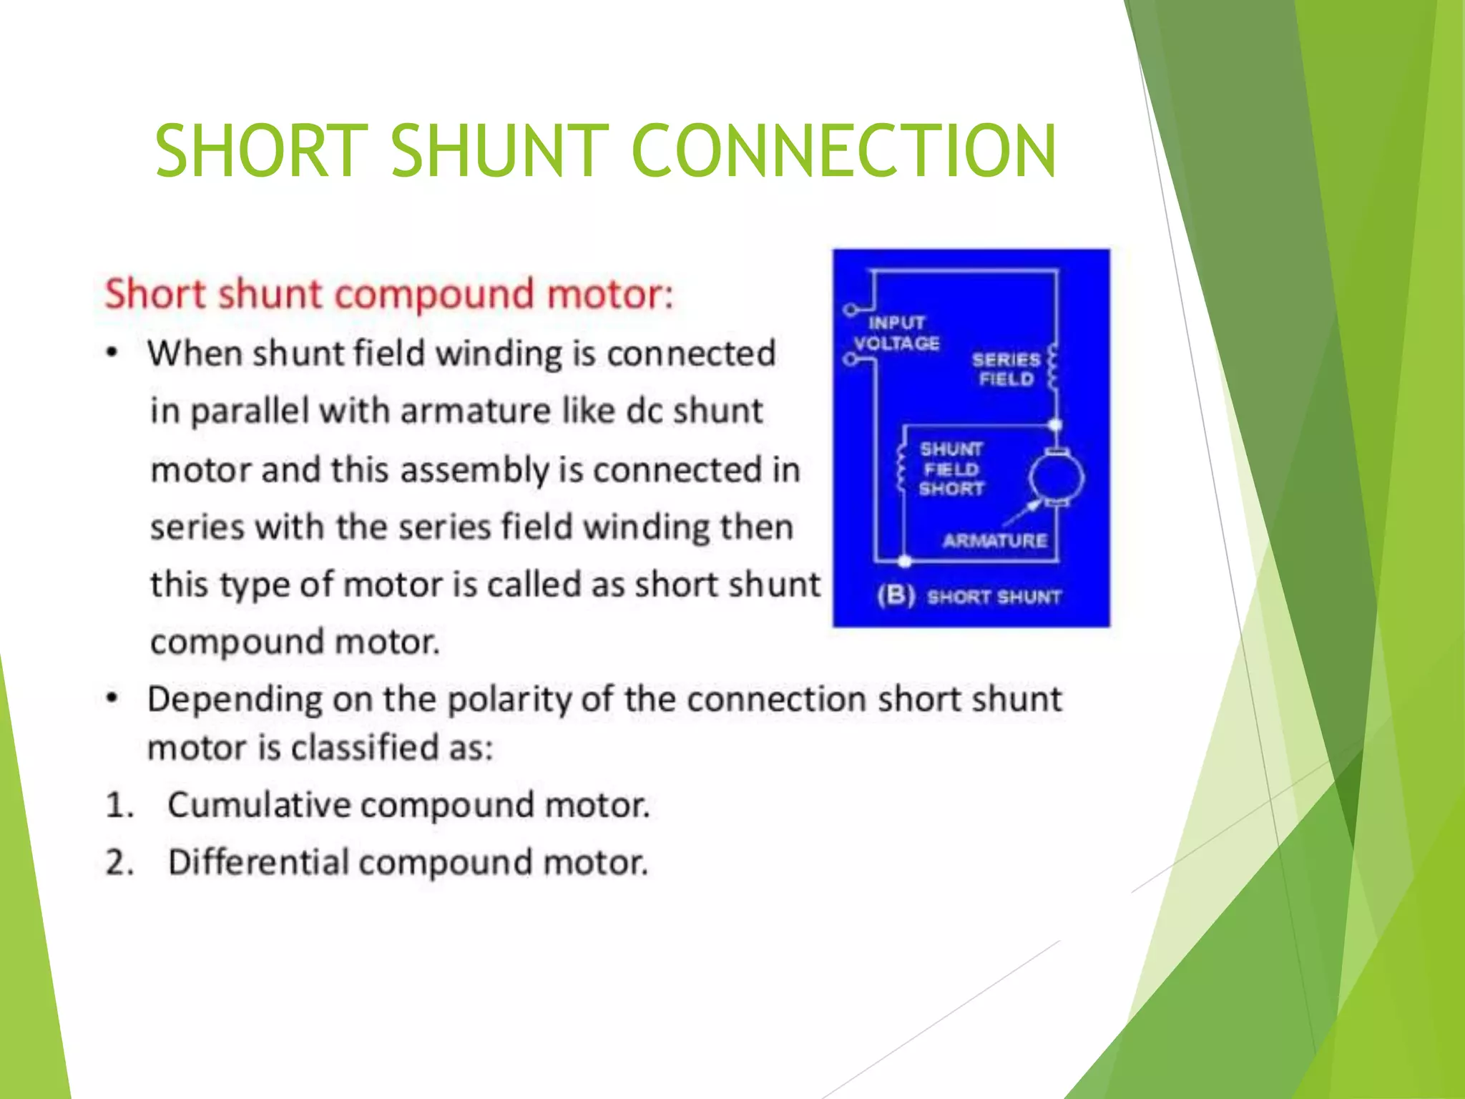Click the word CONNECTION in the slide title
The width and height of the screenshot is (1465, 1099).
(844, 151)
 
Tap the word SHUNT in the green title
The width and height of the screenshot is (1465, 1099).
(499, 151)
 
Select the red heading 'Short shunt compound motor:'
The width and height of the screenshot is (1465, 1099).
(389, 294)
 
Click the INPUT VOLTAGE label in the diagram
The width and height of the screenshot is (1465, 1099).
(896, 333)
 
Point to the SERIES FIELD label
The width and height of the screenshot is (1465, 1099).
(1006, 369)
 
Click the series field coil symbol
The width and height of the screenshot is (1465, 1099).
(1052, 368)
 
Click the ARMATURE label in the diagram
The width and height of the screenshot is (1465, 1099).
(995, 541)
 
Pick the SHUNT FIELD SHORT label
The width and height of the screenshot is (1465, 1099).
(951, 469)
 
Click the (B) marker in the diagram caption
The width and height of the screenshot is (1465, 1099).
(896, 596)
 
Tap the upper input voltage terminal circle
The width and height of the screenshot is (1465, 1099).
(849, 310)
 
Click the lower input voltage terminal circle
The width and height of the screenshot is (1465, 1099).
(849, 359)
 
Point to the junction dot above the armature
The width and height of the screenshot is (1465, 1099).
(1055, 426)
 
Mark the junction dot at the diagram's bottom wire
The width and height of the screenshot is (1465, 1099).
(905, 562)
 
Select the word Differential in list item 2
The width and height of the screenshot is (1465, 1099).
(258, 862)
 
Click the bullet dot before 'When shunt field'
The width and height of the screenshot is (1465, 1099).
(112, 353)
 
